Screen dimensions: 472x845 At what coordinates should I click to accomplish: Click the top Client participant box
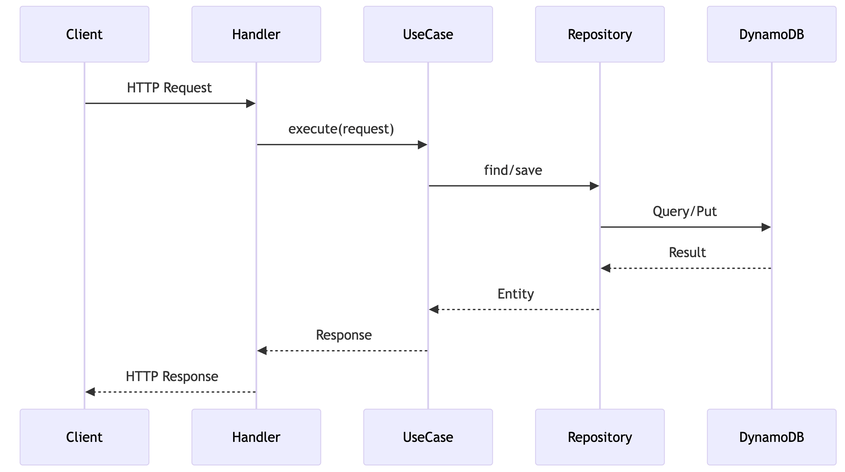coord(84,34)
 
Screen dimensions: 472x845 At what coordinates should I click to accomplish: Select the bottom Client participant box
coord(84,437)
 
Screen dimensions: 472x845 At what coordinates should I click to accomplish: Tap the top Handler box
coord(256,34)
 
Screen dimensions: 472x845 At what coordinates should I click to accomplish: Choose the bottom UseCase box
coord(428,437)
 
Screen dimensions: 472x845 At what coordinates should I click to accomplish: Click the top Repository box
coord(600,34)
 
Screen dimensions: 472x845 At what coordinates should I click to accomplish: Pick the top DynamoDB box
coord(771,34)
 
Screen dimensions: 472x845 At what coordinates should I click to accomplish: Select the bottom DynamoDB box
coord(771,437)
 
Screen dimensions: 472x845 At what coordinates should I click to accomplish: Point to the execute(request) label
coord(341,129)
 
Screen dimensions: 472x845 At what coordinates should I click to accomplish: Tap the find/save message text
coord(513,170)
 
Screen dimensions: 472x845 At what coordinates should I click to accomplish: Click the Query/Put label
coord(685,211)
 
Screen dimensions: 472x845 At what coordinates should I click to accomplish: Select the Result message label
coord(687,253)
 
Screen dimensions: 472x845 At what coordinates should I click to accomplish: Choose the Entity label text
coord(516,294)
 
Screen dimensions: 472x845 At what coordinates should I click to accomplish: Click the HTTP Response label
coord(172,376)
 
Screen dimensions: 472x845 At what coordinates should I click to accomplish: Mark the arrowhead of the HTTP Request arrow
coord(251,104)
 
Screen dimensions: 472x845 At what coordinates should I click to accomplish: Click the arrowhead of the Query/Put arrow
coord(766,227)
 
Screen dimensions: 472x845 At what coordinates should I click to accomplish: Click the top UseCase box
coord(428,34)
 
